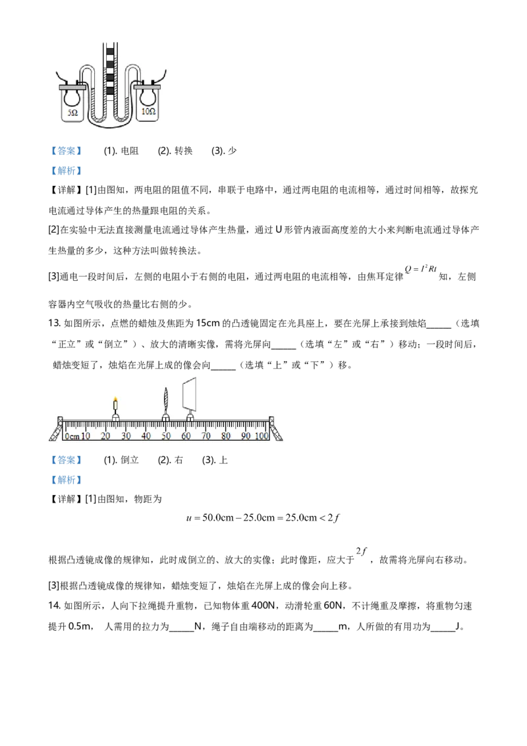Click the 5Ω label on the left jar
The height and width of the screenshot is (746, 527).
[69, 113]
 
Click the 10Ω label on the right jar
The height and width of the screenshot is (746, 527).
[148, 113]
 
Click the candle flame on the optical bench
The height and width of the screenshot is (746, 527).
[115, 399]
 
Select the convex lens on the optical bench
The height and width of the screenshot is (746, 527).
[165, 400]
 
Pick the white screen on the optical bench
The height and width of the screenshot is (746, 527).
[190, 393]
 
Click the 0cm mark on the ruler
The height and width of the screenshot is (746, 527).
[72, 436]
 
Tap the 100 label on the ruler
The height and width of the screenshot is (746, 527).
[262, 436]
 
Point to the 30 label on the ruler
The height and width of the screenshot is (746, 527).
[126, 436]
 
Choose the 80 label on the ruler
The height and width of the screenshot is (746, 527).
[226, 436]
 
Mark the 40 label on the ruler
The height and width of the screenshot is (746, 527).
[146, 436]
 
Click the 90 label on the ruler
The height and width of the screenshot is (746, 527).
[245, 436]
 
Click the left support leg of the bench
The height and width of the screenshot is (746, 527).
[55, 431]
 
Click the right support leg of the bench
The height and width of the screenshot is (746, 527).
[277, 431]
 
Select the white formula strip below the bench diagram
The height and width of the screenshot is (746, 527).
[265, 517]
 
